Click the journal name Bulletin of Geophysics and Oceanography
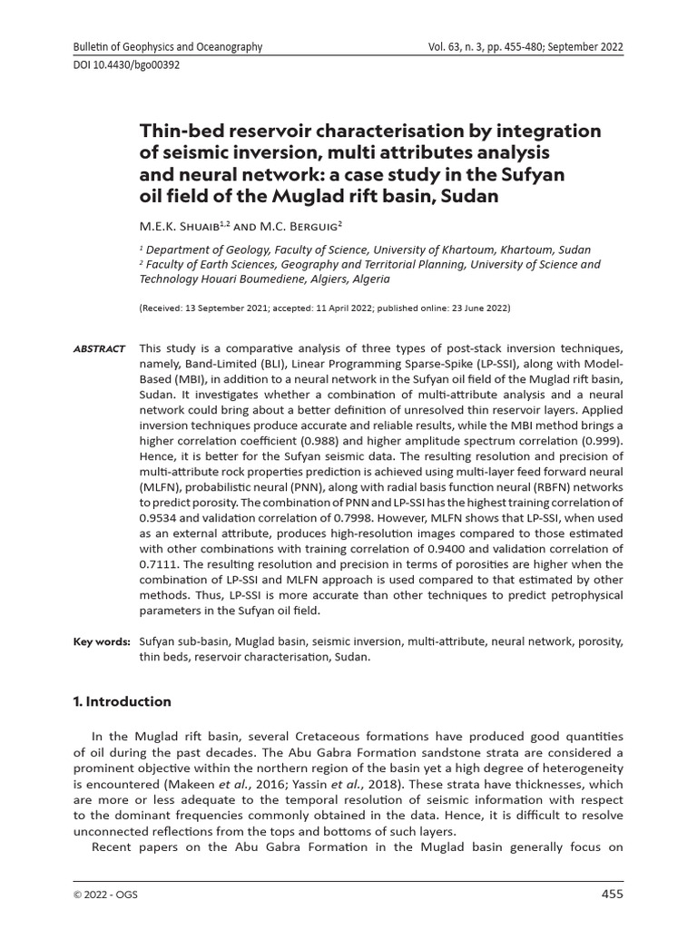click(168, 47)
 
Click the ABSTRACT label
click(99, 349)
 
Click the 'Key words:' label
click(101, 641)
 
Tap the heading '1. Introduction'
click(122, 701)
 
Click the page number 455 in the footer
click(613, 895)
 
